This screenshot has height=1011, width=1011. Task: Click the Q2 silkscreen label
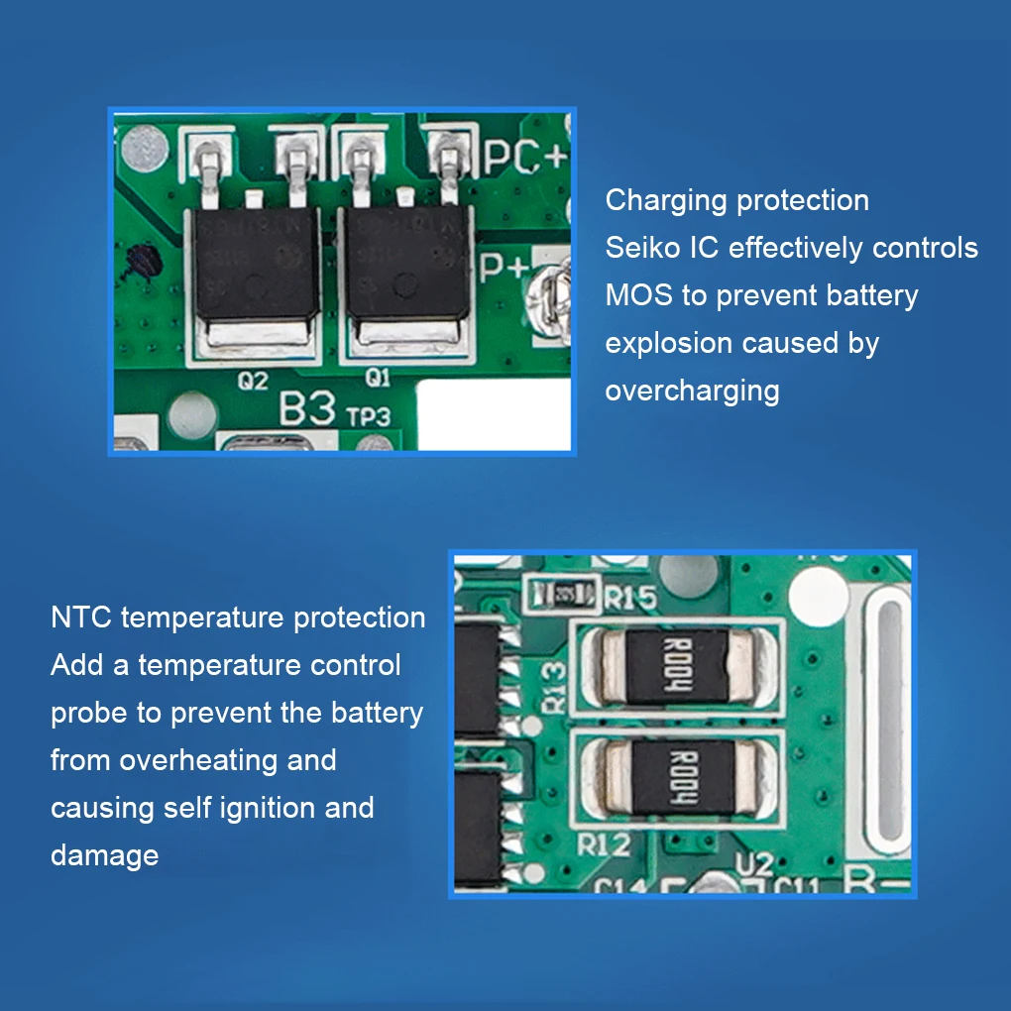point(253,380)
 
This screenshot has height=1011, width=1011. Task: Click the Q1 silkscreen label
point(378,378)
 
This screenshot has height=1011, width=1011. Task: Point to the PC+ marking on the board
point(525,157)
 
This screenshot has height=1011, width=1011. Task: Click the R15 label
point(630,598)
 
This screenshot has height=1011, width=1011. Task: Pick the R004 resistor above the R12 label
point(684,778)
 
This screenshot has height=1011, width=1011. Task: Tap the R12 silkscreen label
point(604,845)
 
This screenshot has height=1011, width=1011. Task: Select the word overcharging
point(692,391)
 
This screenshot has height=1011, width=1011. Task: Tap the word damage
point(104,855)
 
